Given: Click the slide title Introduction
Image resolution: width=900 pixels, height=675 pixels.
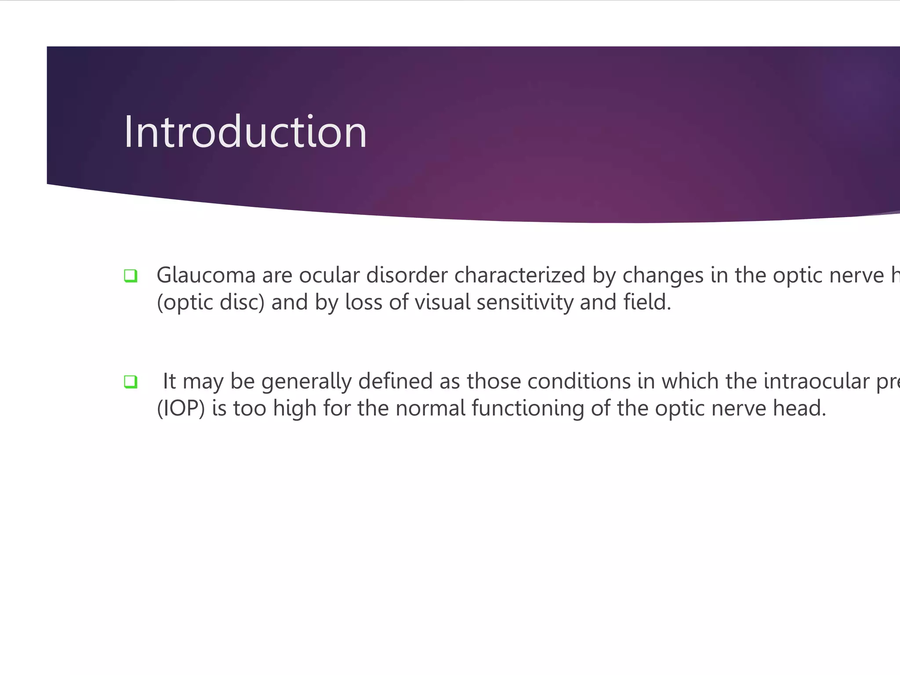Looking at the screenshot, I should click(x=245, y=132).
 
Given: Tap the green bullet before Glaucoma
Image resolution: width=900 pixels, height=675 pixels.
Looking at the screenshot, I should click(x=131, y=276).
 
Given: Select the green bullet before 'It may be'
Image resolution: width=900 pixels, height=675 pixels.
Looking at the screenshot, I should click(x=131, y=382).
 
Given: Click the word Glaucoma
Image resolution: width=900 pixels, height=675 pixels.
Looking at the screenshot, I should click(x=206, y=276).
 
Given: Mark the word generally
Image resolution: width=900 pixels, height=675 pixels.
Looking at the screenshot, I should click(x=306, y=382).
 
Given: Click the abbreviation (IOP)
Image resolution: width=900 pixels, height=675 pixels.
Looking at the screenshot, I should click(x=181, y=408).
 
